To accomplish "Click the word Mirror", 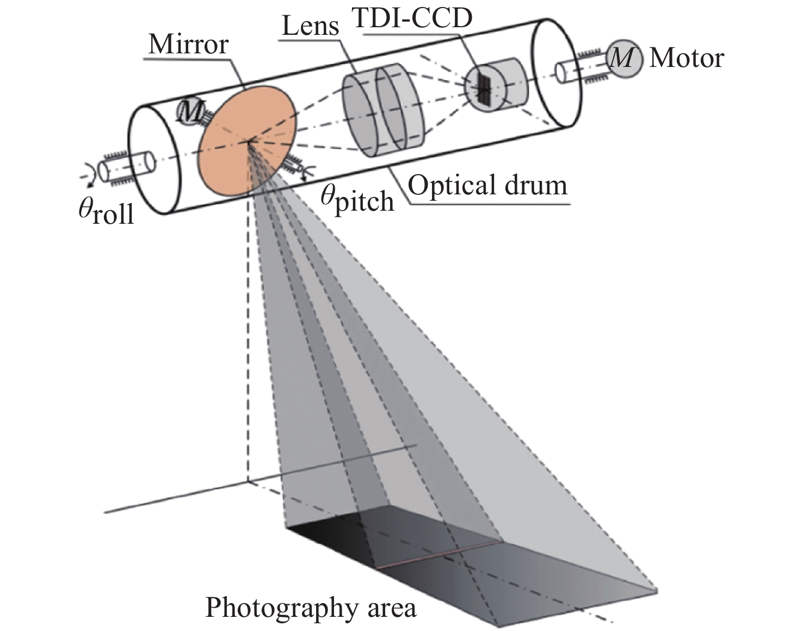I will [188, 44].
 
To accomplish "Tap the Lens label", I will [311, 25].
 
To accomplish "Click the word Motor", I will [687, 58].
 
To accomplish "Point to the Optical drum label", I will [487, 185].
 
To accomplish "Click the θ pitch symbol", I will [356, 199].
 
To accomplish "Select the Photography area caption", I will [311, 607].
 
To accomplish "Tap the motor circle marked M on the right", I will [623, 58].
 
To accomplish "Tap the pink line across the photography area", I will [438, 555].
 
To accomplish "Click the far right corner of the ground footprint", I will [657, 590].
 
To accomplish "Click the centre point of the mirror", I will [249, 141].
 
